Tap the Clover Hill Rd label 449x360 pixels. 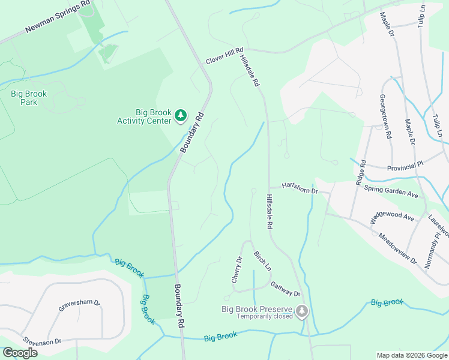tap(224, 56)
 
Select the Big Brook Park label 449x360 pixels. tap(29, 98)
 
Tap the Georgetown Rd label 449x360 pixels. tap(385, 116)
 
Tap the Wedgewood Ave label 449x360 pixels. tap(392, 217)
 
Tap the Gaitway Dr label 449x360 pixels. tap(285, 289)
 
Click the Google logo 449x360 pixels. tap(20, 353)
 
